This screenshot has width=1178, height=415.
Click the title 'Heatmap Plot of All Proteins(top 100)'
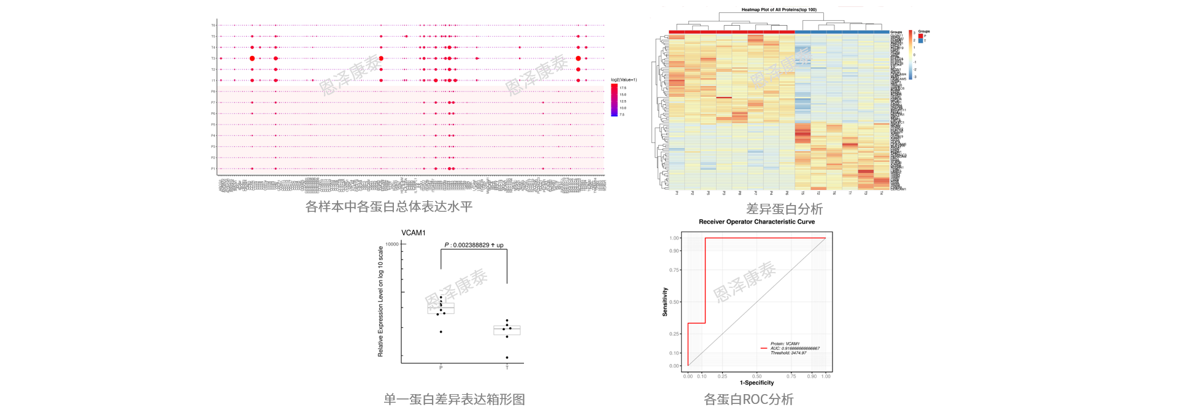(x=779, y=10)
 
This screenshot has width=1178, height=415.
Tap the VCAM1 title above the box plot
(x=413, y=233)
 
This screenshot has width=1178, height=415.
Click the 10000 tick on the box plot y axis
(x=392, y=244)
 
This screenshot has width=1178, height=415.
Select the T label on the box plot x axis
(x=507, y=368)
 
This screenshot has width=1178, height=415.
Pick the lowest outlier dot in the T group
(x=507, y=357)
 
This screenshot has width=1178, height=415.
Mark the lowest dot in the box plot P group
(x=441, y=332)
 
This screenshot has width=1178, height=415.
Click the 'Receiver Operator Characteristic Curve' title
(x=756, y=222)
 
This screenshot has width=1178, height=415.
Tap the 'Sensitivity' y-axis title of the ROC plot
(x=665, y=302)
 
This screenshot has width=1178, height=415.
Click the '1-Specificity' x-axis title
(x=756, y=382)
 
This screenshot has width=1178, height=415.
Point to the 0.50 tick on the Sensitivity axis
(x=674, y=302)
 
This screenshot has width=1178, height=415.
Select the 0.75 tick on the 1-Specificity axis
(x=791, y=376)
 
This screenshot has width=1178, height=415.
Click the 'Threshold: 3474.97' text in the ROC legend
(x=788, y=353)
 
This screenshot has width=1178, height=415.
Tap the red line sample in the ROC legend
(x=764, y=348)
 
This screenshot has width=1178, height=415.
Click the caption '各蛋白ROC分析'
(x=749, y=400)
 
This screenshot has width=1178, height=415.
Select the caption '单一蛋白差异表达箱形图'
(x=454, y=400)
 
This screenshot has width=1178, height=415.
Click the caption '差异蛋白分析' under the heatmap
(x=783, y=209)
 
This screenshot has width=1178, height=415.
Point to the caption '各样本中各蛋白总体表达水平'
(x=389, y=207)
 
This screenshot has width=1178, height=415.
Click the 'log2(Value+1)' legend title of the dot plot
(x=623, y=80)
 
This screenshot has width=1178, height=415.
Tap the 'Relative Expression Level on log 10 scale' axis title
(x=380, y=301)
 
